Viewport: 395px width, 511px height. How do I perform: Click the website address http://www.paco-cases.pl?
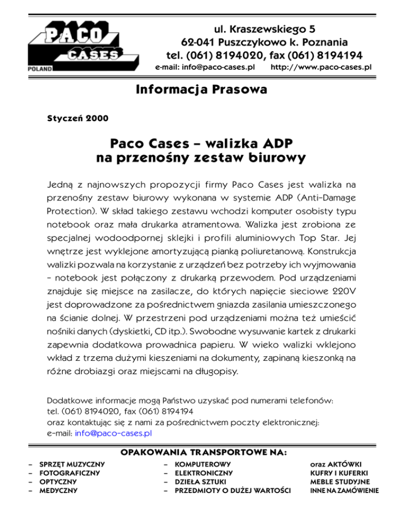321,67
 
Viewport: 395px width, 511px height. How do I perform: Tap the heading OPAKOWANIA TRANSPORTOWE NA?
203,452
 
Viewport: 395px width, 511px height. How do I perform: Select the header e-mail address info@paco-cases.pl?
206,67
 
